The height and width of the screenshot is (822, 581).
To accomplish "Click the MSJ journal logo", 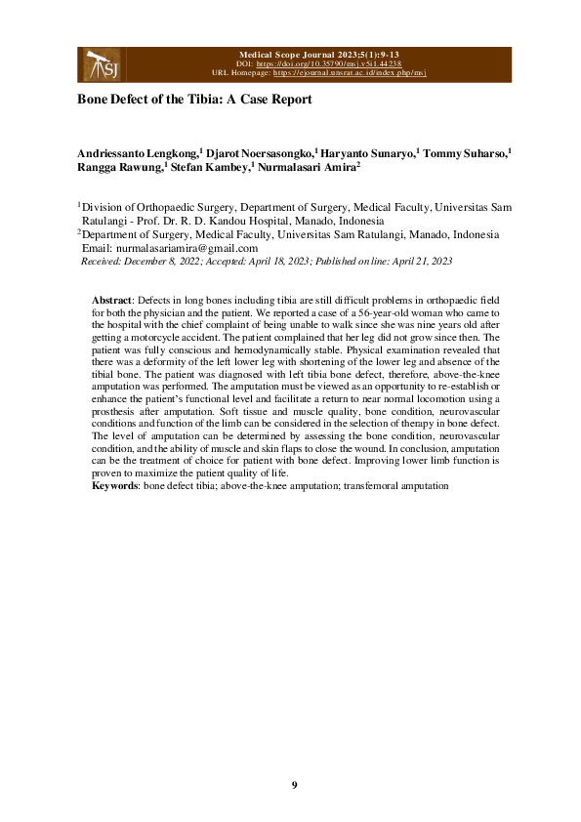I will click(x=98, y=64).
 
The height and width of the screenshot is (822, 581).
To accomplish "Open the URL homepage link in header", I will click(x=351, y=72).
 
